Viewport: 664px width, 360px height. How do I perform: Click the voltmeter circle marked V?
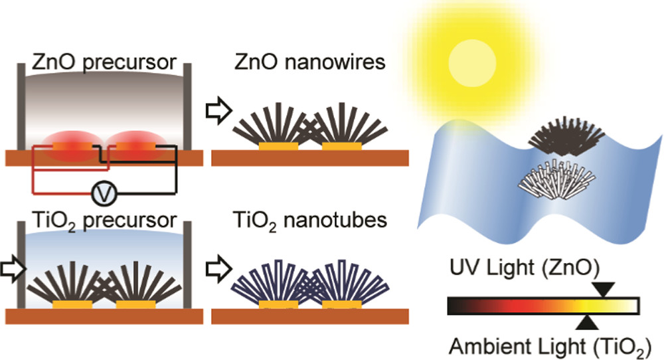pyautogui.click(x=102, y=193)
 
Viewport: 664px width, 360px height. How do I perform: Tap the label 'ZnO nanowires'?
pyautogui.click(x=309, y=63)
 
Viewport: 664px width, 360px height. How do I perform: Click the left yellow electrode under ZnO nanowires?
pyautogui.click(x=278, y=145)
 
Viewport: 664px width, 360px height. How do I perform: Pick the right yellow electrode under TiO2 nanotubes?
pyautogui.click(x=342, y=306)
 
